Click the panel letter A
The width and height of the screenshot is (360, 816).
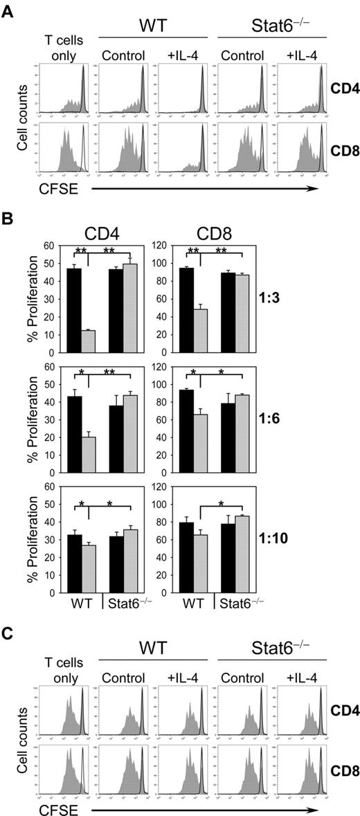8,8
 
